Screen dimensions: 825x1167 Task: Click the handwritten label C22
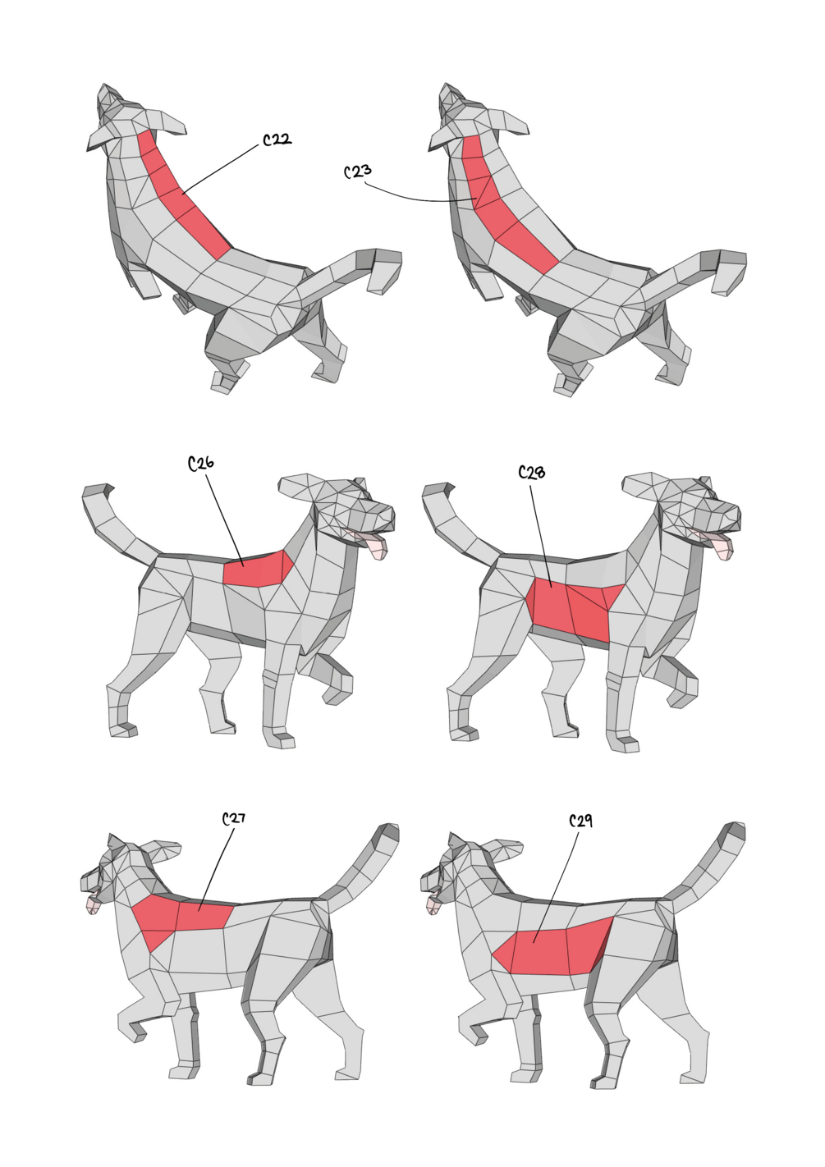[x=277, y=140]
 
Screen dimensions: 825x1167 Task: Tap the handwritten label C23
[x=358, y=172]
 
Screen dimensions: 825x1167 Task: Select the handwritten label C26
[x=200, y=463]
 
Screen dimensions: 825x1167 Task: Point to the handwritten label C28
[x=532, y=473]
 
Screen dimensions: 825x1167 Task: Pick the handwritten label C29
[x=580, y=821]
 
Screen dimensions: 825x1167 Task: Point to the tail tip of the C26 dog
[x=96, y=490]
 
